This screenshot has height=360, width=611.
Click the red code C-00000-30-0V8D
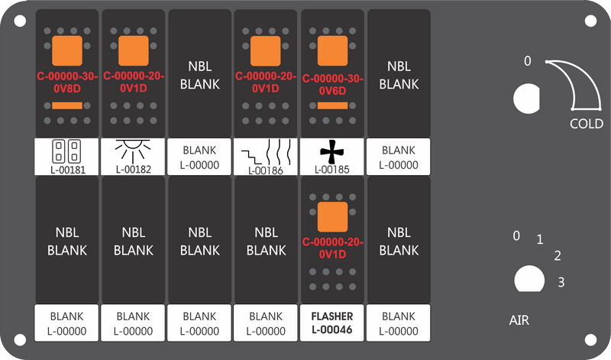coord(67,83)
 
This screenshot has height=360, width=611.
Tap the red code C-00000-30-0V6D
coord(332,84)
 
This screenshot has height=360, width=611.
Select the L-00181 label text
coord(68,170)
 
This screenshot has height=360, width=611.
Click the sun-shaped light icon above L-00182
coord(133,151)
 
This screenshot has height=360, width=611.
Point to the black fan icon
coord(332,151)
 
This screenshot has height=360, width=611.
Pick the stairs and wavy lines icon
coord(266,153)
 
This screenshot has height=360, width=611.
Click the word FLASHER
coord(332,316)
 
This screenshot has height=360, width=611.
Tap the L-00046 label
coord(332,330)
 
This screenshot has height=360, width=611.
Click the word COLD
coord(586,124)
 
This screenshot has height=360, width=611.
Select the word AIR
coord(519,320)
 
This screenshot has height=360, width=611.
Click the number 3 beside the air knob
coord(561,282)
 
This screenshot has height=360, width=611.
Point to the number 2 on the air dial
coord(558,256)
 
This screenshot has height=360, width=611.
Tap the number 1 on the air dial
coord(540,239)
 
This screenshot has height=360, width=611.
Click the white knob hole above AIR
coord(529,279)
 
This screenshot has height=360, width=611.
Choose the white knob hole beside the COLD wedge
coord(527,99)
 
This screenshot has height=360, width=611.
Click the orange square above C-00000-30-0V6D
coord(332,50)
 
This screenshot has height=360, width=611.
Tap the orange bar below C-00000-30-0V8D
coord(67,105)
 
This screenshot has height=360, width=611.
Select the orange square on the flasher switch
coord(332,217)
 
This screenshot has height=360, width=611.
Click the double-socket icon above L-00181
coord(66,151)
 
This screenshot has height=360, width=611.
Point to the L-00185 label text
coord(332,170)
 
